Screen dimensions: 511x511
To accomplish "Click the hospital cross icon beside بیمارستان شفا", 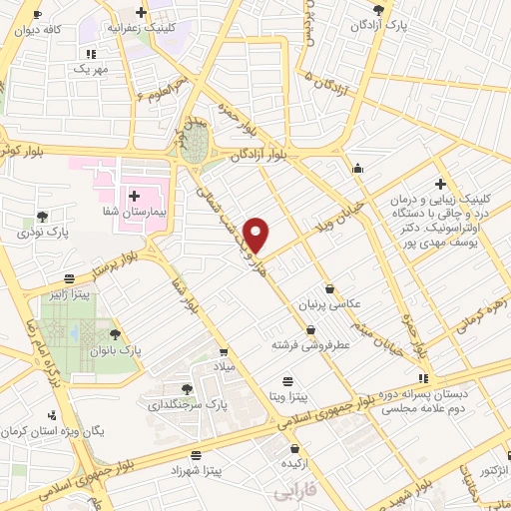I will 133,195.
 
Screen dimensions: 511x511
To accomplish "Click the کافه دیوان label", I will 38,30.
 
